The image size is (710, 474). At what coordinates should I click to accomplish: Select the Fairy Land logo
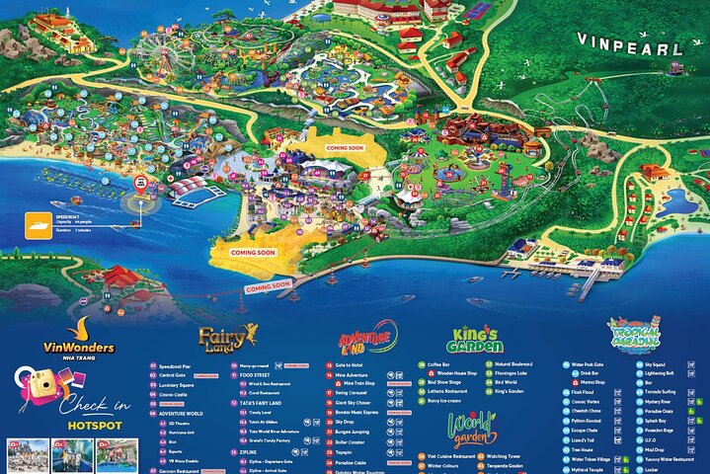point(228,339)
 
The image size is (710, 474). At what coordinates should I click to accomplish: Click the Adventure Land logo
point(367,339)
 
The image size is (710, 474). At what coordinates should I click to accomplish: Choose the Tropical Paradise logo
point(632,338)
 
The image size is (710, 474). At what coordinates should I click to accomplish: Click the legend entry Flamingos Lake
point(517,374)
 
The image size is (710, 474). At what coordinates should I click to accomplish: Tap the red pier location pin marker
point(141,184)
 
